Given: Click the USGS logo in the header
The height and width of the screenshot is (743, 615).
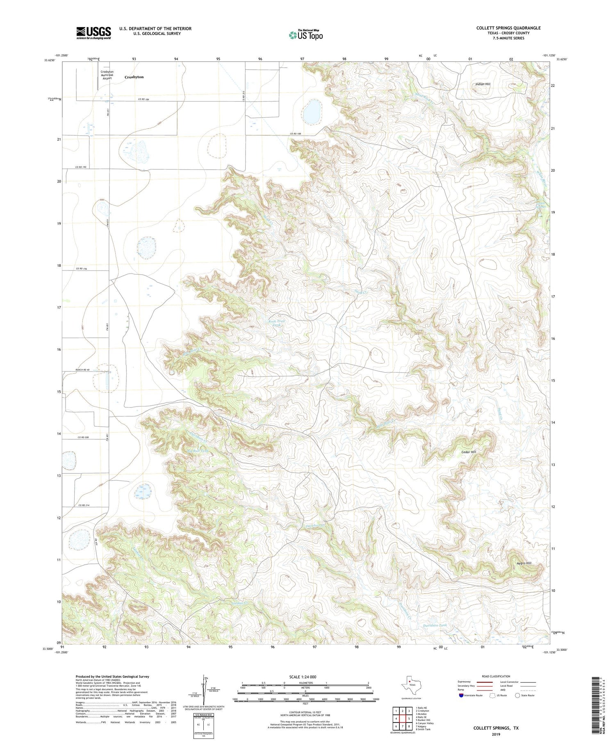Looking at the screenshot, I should point(93,33).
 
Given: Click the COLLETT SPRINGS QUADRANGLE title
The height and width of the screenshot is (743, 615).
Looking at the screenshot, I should point(508,28).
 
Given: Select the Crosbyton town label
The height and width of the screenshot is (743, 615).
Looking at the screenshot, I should point(134,77).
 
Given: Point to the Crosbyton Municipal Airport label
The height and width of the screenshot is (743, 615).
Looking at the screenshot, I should point(107,75).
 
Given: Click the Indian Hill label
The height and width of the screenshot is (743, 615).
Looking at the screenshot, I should point(483,84).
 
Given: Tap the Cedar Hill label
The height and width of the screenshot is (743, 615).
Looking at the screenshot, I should point(469,452).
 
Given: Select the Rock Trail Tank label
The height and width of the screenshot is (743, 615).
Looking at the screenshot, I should point(276,323).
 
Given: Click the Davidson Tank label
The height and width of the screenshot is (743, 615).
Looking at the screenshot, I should point(435,625).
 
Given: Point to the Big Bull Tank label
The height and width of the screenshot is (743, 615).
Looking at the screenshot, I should point(198,451).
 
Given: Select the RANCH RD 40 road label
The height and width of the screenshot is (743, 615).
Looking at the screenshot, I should point(82,370).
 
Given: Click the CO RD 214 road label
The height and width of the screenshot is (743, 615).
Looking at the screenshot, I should point(84,506).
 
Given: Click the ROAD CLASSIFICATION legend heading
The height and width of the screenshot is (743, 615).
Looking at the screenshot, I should point(496,676).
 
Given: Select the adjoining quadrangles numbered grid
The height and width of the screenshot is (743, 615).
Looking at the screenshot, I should point(402,719).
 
